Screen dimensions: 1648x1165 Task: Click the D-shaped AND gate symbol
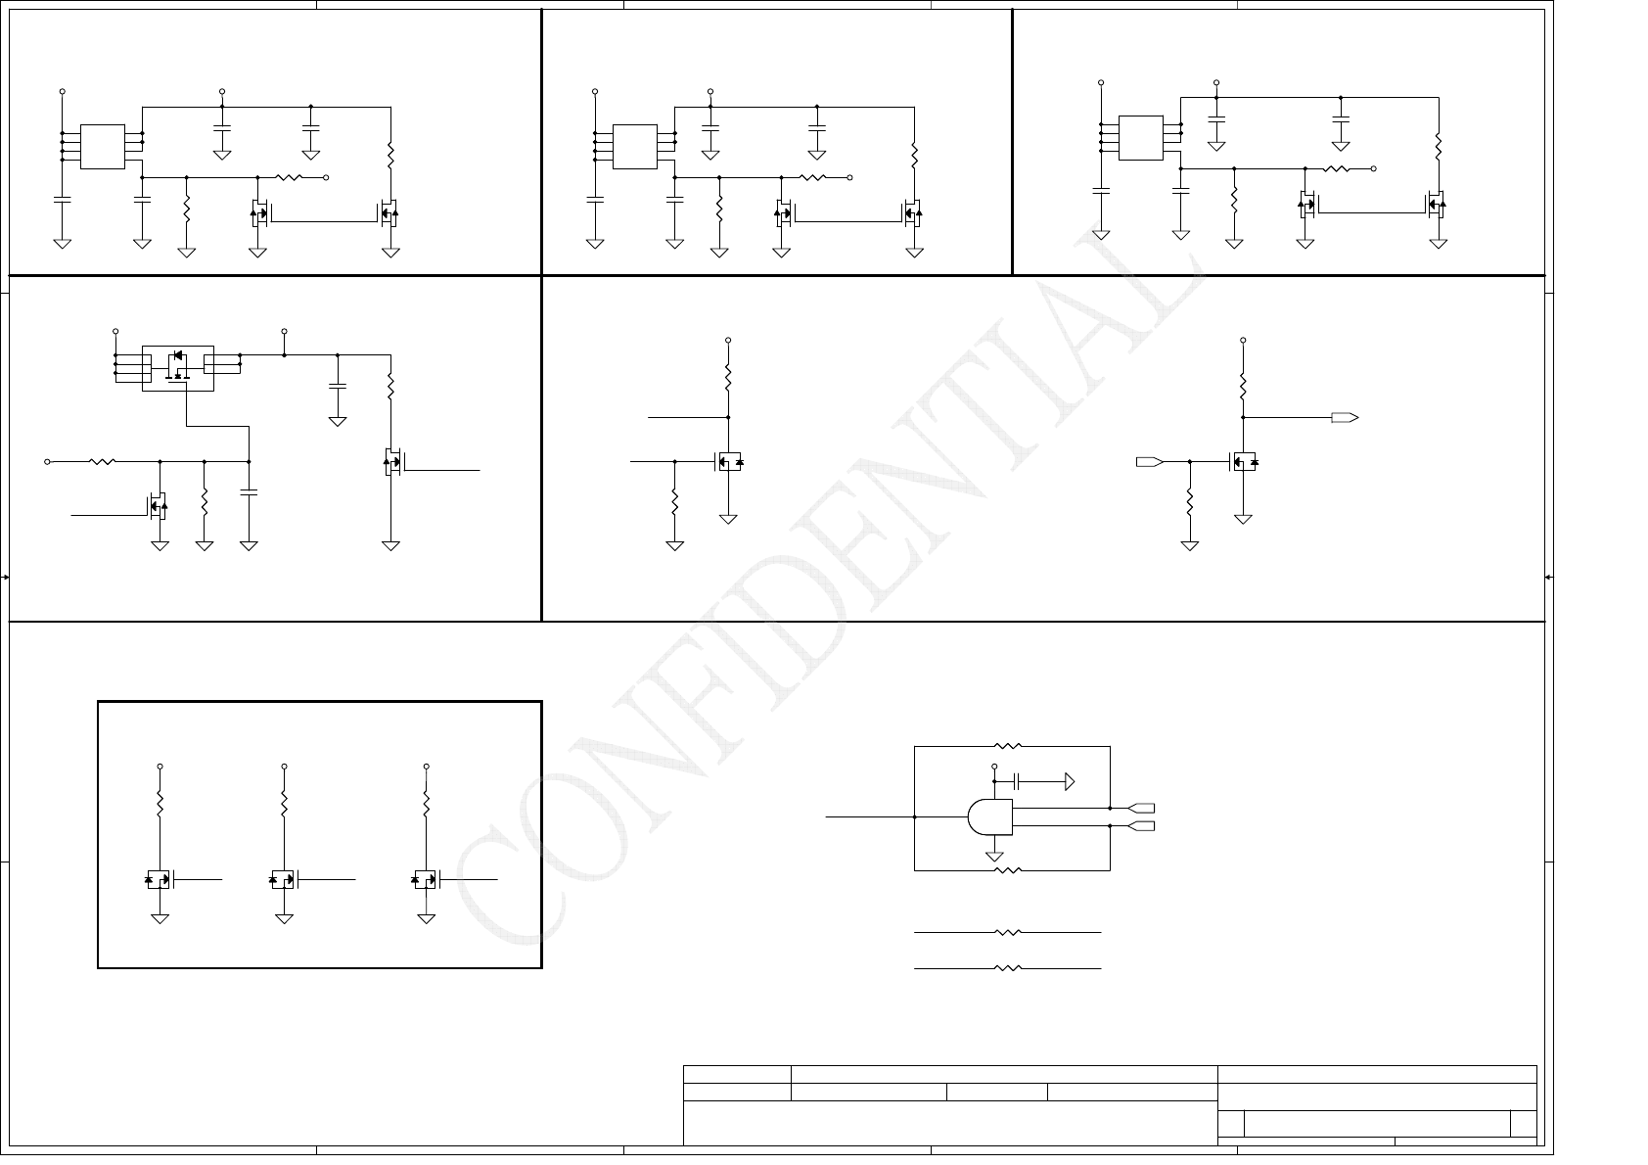[988, 817]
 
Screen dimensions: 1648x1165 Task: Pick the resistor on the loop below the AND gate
[1007, 869]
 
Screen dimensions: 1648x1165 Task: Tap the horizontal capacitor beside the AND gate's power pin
[1018, 781]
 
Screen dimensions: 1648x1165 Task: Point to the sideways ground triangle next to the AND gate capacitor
[1069, 781]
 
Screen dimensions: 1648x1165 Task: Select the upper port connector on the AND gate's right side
[1141, 809]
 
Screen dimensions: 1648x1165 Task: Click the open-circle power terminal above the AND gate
[994, 767]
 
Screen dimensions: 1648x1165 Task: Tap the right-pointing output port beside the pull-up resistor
[1345, 417]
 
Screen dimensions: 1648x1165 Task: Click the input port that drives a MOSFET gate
[1149, 460]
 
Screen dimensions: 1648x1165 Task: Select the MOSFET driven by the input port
[1243, 461]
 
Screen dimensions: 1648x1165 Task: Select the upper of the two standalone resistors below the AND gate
[1007, 933]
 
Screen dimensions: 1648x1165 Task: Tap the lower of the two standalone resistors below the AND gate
[1007, 968]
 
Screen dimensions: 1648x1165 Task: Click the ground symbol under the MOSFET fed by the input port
[1243, 518]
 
